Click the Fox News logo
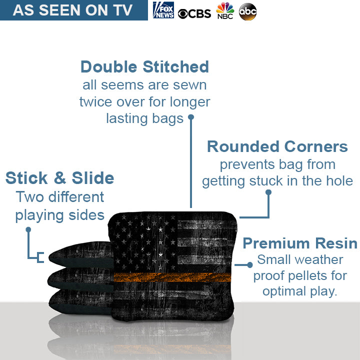point(163,10)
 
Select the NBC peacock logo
point(225,11)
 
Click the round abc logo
point(247,11)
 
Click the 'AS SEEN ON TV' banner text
point(73,10)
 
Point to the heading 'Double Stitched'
point(144,67)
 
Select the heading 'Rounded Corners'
point(277,146)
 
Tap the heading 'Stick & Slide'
point(59,177)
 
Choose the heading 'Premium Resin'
point(299,243)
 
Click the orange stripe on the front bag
point(172,276)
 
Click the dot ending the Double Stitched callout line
point(190,117)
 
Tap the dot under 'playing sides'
point(28,229)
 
